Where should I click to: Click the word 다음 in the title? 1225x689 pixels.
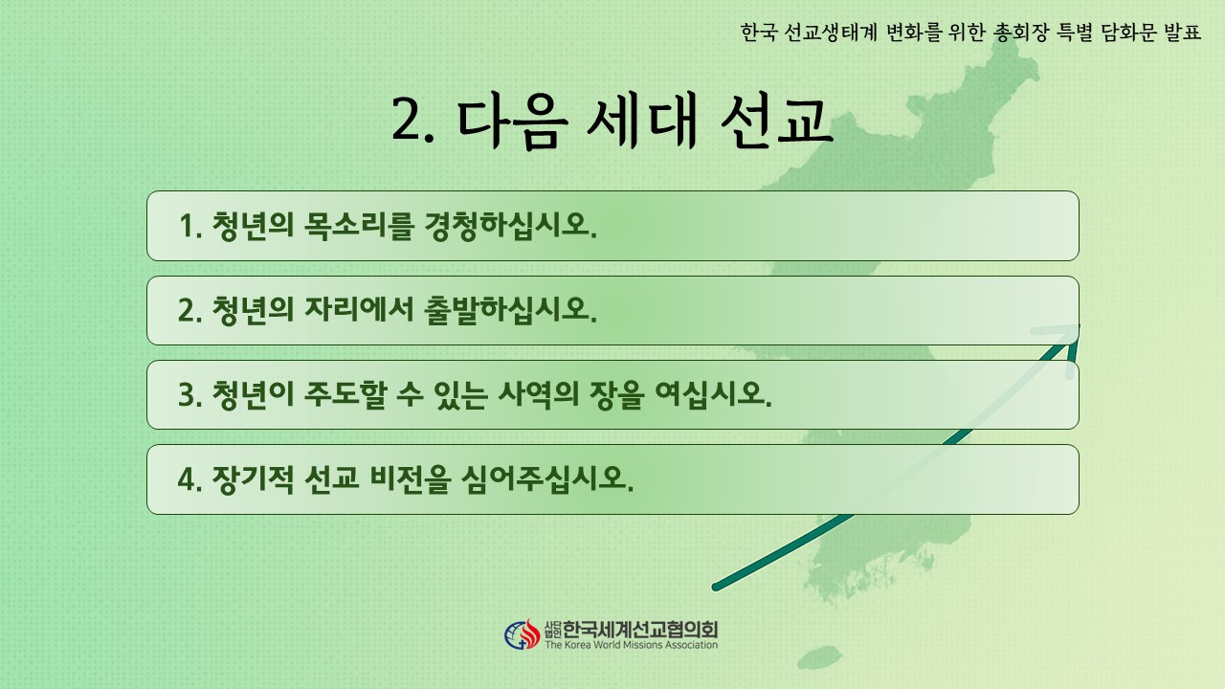(x=512, y=121)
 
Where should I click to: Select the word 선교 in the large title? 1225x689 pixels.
(x=776, y=121)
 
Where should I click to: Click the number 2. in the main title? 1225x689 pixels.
(x=412, y=122)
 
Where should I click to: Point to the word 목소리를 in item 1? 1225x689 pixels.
(x=357, y=225)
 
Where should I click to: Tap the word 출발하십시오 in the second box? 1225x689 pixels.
(x=510, y=310)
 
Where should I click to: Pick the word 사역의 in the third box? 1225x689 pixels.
(x=538, y=394)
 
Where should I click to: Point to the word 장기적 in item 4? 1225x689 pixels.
(x=253, y=479)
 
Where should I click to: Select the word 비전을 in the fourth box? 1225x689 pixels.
(x=411, y=479)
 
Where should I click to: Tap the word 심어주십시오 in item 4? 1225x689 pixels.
(x=546, y=479)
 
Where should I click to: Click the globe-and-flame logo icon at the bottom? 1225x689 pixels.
(x=522, y=634)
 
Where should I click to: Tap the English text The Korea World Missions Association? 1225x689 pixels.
(x=631, y=645)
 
